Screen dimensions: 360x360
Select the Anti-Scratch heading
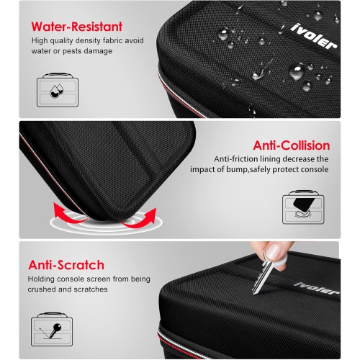coord(67,265)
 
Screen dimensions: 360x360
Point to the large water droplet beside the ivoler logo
coord(296,71)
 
